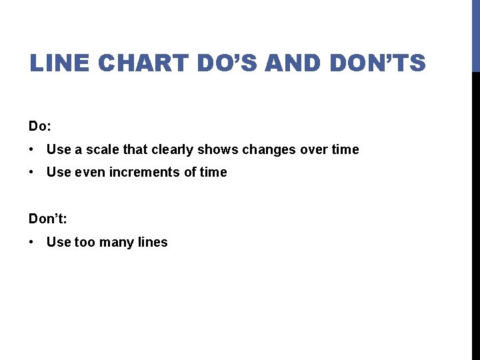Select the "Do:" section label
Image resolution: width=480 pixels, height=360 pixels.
pos(41,126)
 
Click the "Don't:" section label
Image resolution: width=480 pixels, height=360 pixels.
pos(49,219)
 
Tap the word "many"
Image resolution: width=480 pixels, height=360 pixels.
pos(117,243)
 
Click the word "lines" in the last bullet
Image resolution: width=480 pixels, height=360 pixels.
pos(153,243)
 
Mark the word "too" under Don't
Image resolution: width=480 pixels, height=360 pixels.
pos(85,243)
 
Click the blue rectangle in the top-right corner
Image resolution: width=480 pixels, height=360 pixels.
pos(475,35)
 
